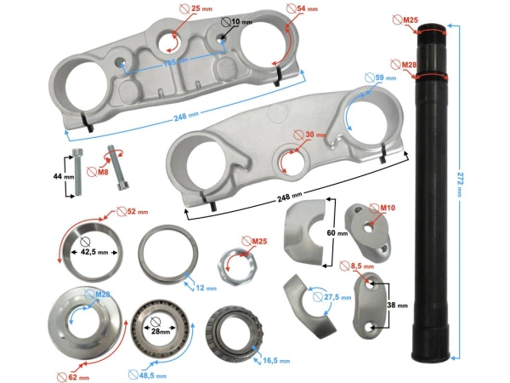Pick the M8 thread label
click(100, 171)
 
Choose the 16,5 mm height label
click(274, 361)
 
